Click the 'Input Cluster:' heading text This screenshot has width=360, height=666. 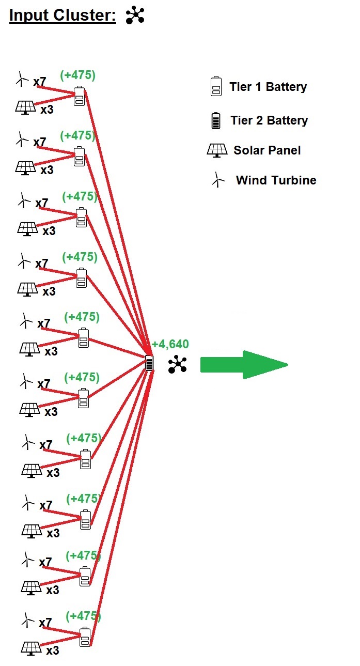(62, 16)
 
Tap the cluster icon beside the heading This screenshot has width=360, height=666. (135, 16)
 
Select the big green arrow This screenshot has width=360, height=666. (243, 364)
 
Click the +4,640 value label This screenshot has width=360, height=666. (170, 344)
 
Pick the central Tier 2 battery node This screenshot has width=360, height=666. (149, 363)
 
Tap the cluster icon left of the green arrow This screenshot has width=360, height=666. (178, 364)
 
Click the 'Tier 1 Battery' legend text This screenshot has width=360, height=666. (268, 87)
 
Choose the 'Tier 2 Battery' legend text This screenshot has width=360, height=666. (269, 121)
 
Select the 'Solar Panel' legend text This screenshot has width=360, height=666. (267, 150)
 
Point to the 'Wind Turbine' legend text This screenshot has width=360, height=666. (276, 180)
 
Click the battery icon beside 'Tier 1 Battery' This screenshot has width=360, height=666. (216, 86)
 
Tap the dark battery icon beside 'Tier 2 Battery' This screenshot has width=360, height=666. (216, 120)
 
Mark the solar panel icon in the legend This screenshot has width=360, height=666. (217, 150)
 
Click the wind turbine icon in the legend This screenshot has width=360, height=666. (218, 180)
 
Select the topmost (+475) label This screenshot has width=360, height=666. (78, 75)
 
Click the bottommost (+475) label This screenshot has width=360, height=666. (84, 616)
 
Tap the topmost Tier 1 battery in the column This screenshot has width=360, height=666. (79, 97)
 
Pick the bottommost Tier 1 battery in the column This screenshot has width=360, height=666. (85, 637)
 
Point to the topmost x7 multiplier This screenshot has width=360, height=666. (40, 82)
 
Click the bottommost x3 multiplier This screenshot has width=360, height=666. (53, 650)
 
